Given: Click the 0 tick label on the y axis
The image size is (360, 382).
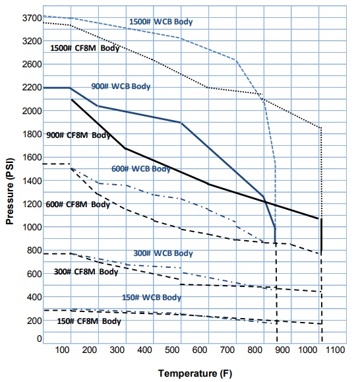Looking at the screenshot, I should pos(38,338).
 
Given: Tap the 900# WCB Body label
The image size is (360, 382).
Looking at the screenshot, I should pos(121,86).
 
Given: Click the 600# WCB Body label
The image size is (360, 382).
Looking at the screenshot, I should pos(140,169).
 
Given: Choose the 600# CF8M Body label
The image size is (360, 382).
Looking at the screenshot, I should pos(78,205).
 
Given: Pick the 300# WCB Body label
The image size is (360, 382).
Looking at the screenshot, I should pos(163,253).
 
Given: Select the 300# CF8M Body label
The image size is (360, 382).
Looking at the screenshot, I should pos(86,272).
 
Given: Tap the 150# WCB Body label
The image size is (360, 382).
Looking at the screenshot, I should pos(150,298).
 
